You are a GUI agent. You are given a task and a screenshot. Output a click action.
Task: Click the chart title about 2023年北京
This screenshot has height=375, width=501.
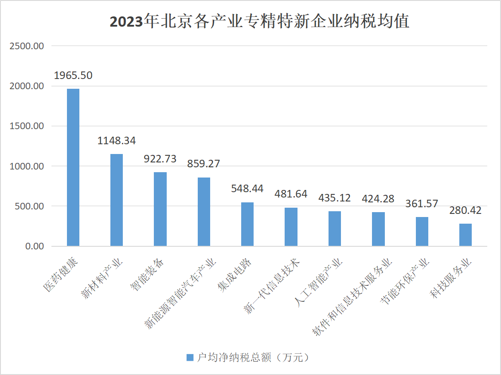coord(259,22)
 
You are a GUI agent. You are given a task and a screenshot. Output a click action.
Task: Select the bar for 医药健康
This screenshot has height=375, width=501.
coord(73,167)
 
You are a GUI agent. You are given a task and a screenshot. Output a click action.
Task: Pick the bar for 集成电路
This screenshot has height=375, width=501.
coord(247,224)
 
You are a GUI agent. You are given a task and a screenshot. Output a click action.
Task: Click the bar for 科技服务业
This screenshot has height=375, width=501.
coord(466,235)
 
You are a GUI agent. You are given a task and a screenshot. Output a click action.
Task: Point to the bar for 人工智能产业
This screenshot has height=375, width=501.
coord(335,229)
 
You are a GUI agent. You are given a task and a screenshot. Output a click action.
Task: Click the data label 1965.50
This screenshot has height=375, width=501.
coord(73,75)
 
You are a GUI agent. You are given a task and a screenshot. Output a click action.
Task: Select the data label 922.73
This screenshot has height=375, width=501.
coord(160,159)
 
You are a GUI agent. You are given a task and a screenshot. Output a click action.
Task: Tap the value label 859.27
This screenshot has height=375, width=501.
coord(204,164)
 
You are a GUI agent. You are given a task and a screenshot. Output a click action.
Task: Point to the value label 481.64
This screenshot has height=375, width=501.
coord(291,194)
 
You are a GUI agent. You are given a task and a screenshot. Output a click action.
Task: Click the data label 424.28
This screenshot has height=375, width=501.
coord(378,198)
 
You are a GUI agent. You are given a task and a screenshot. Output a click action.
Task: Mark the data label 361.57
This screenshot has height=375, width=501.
coord(422,204)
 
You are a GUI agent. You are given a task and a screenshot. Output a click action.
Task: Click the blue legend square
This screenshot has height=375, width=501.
coord(190,358)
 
